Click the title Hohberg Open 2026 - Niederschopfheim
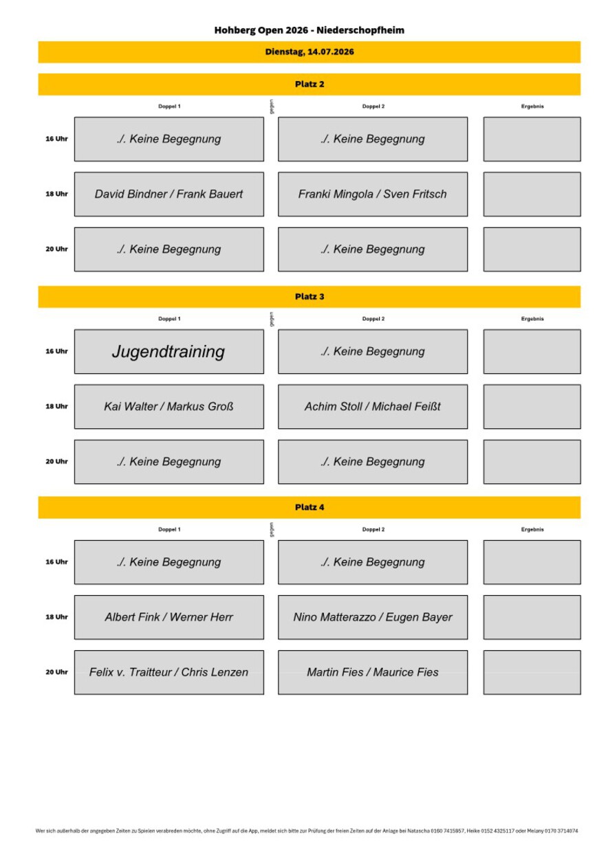(x=309, y=30)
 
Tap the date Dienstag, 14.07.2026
(x=310, y=52)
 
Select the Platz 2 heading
(x=310, y=85)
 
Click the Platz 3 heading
(x=310, y=296)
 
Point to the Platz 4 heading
(x=310, y=507)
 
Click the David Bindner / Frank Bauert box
(x=169, y=194)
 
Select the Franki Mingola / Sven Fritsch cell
(x=373, y=194)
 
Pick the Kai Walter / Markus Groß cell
(x=169, y=407)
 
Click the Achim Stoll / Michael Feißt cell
(x=373, y=407)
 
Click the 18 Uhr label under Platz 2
(x=56, y=194)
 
